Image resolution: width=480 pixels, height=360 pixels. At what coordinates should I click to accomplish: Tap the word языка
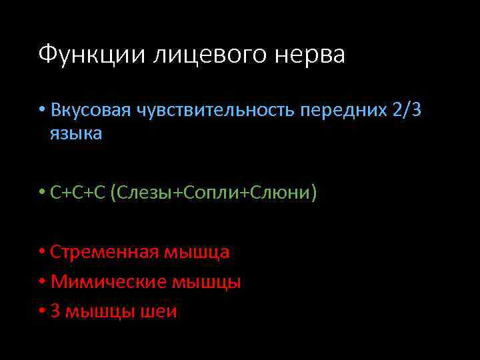click(x=76, y=133)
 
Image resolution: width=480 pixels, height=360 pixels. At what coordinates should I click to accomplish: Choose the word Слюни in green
click(x=281, y=193)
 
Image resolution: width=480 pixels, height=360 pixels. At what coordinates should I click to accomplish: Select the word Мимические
click(x=107, y=282)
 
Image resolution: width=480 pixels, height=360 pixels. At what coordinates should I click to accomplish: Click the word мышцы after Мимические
click(x=207, y=282)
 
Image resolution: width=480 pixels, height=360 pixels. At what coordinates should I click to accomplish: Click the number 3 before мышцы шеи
click(x=55, y=311)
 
